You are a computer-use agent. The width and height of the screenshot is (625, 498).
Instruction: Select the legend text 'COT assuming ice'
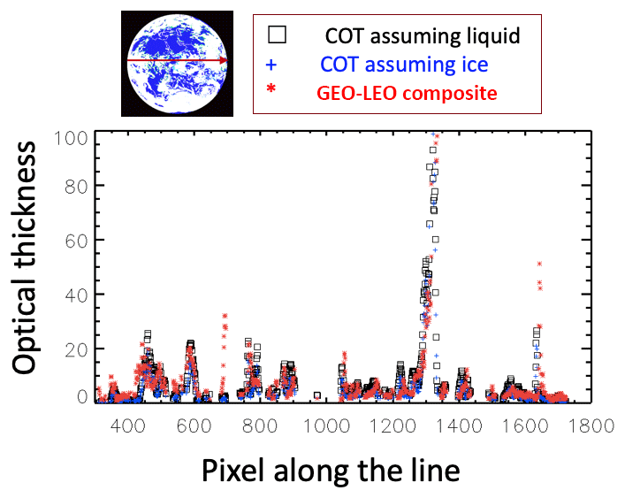pyautogui.click(x=404, y=65)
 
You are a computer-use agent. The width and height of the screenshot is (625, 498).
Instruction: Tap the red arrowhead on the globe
pyautogui.click(x=225, y=61)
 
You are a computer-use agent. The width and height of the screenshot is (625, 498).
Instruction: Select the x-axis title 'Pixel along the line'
pyautogui.click(x=331, y=468)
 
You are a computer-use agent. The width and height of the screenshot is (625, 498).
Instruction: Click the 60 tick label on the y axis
pyautogui.click(x=76, y=240)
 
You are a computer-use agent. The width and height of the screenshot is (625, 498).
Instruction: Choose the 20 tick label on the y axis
pyautogui.click(x=76, y=349)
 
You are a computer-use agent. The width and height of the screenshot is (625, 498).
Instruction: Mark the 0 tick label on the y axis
pyautogui.click(x=81, y=397)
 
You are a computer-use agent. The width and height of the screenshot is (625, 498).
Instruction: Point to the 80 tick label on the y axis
pyautogui.click(x=76, y=186)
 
